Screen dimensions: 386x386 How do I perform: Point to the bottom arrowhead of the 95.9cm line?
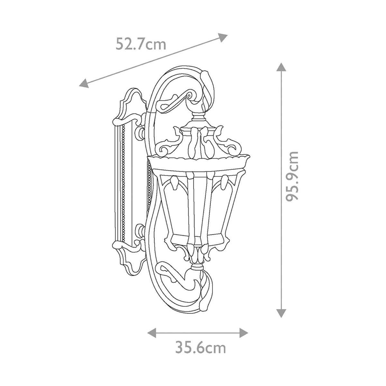coord(281,313)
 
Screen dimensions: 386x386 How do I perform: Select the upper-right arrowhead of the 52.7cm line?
coord(223,36)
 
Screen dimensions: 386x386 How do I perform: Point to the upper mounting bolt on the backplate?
coord(141,132)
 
